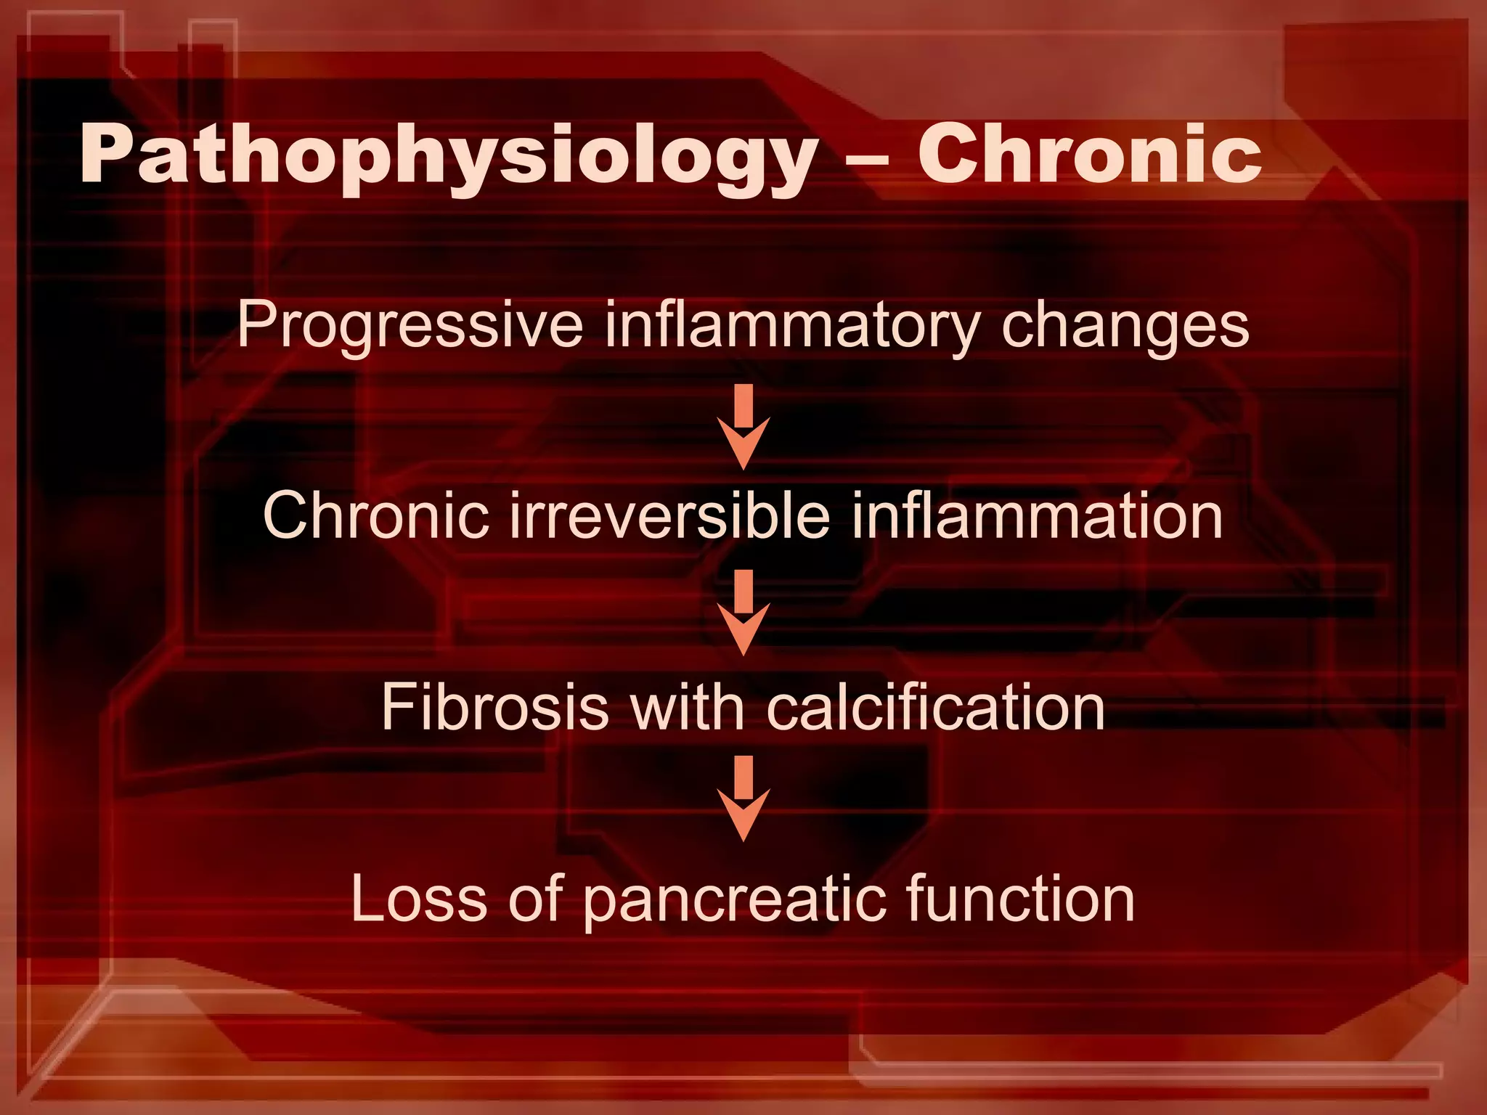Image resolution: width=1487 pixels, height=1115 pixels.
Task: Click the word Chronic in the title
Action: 1089,154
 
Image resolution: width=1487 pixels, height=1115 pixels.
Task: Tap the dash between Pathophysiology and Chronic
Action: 867,158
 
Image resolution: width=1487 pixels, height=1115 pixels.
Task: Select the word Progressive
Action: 410,325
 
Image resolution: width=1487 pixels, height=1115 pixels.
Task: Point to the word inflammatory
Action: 791,325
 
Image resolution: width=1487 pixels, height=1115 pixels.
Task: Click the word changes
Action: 1125,325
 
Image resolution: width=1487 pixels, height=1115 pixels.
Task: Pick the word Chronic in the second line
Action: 375,515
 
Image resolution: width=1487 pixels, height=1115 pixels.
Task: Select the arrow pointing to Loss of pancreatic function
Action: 743,798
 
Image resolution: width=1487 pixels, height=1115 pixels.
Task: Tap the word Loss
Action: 418,899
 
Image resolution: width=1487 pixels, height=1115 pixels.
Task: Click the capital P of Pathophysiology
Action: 106,154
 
